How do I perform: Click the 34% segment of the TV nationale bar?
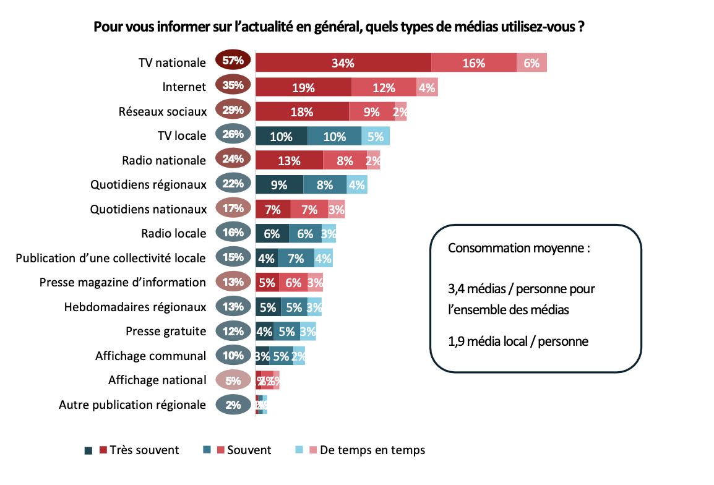(343, 63)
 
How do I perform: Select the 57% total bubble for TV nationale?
(233, 61)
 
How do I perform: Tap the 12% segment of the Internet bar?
(384, 87)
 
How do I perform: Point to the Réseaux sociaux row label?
(162, 111)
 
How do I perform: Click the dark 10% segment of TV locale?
(281, 136)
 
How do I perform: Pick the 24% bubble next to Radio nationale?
(233, 158)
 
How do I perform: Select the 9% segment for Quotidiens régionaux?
(279, 184)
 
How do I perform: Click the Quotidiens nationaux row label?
(148, 209)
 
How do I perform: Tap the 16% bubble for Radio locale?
(233, 233)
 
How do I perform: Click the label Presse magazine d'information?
(123, 282)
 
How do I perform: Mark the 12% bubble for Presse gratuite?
(233, 331)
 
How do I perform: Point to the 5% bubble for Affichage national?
(233, 380)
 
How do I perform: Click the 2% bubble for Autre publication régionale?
(233, 405)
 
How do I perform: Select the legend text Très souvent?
(145, 450)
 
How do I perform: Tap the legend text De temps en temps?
(372, 450)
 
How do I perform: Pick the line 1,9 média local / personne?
(518, 340)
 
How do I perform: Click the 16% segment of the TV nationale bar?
(473, 63)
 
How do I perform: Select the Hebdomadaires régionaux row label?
(135, 307)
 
